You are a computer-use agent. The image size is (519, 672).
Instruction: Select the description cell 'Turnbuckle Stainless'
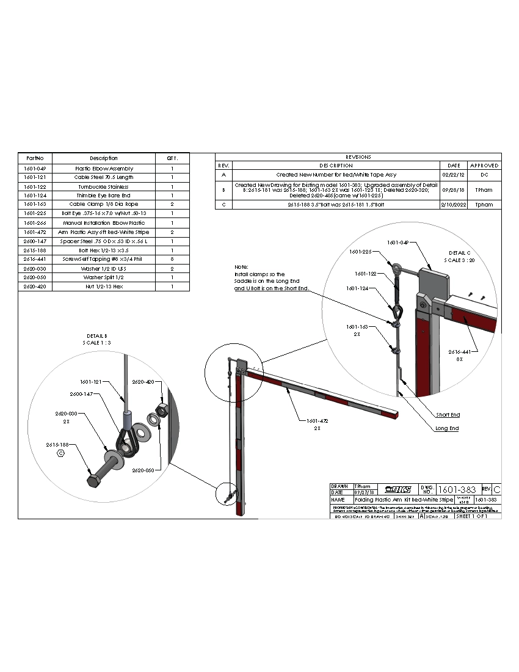104,186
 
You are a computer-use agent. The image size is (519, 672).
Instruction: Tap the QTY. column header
172,158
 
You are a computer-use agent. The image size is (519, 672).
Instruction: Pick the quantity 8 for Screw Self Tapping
172,259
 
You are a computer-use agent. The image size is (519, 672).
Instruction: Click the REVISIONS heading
358,157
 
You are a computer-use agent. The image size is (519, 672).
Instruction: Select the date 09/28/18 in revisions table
454,190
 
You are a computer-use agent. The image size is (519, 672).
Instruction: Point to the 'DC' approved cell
484,175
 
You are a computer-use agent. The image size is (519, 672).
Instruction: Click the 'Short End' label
448,415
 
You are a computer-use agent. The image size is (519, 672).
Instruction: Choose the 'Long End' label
446,428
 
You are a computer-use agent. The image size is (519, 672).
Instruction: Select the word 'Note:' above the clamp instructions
242,268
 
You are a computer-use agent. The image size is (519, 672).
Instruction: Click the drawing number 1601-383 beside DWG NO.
457,489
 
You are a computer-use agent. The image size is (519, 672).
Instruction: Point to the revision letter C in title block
496,490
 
